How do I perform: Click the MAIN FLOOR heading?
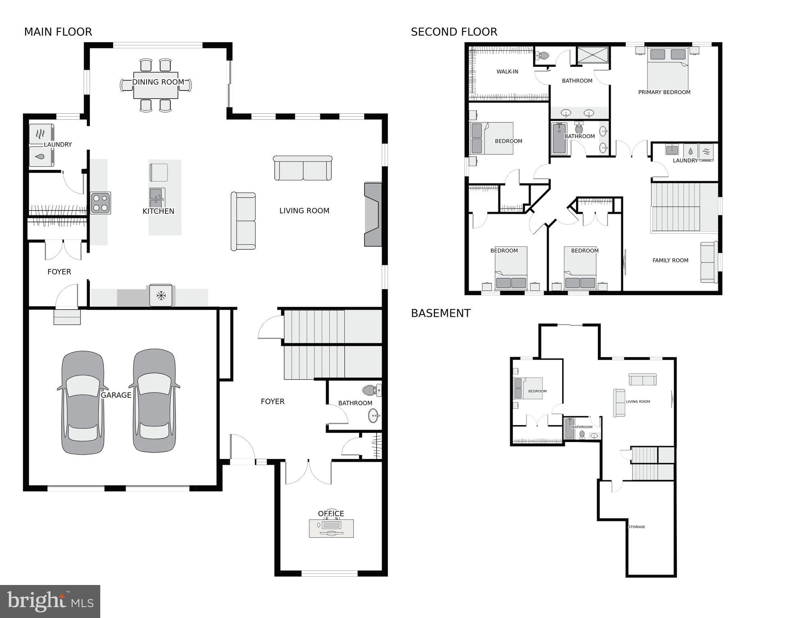pos(58,32)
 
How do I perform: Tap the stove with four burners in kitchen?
pos(100,203)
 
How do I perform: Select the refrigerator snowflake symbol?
pos(161,296)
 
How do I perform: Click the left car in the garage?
pos(83,403)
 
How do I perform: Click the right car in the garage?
pos(155,401)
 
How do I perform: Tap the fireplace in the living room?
pos(373,214)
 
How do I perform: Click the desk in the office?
pos(331,528)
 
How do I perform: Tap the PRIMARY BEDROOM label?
pos(664,92)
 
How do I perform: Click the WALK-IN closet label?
pos(507,72)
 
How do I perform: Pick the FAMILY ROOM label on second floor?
pos(670,260)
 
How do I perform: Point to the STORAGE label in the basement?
pos(637,527)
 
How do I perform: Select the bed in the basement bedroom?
pos(528,388)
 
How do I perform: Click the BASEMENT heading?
pos(440,313)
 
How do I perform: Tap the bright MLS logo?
pos(50,601)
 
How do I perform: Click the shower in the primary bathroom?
pos(593,55)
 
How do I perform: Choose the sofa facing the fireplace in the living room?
pos(243,221)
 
